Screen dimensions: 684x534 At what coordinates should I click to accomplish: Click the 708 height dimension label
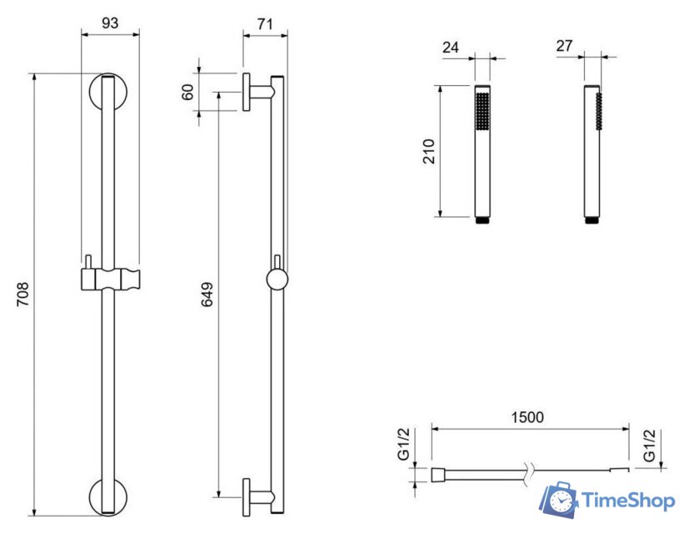click(22, 294)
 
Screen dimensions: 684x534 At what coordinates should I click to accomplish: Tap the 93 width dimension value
click(110, 23)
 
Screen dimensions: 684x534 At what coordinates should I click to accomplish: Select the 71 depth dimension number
click(265, 24)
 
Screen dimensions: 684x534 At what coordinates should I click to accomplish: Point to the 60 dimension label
click(187, 93)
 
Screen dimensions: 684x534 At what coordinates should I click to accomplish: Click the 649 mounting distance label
click(207, 294)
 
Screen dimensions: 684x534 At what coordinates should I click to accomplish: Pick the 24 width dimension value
click(451, 47)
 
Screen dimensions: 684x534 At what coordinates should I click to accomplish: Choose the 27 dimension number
click(564, 45)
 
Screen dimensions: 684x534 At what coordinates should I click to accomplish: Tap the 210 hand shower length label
click(429, 151)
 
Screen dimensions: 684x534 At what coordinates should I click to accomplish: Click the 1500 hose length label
click(527, 417)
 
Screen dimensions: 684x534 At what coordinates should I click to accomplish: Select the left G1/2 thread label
click(404, 444)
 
